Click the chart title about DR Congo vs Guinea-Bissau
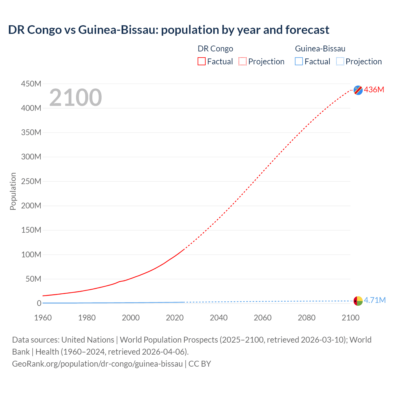coord(169,30)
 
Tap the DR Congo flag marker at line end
coord(358,90)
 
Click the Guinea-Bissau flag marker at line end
coord(358,301)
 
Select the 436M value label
coord(374,90)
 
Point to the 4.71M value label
coord(375,300)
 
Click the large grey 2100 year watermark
coord(75,98)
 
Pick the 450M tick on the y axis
coord(31,84)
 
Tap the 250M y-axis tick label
coord(31,181)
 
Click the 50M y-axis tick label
coord(33,279)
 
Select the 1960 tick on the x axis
coord(43,318)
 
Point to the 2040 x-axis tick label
coord(219,318)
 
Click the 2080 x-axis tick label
coord(307,318)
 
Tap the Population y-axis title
coord(13,191)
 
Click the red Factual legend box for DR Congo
coord(201,61)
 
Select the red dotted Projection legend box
coord(243,61)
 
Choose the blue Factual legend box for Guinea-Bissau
coord(299,61)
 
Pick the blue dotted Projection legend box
coord(340,61)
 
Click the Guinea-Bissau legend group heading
coord(320,49)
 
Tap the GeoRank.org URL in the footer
coord(97,364)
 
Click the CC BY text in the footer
coord(200,364)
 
